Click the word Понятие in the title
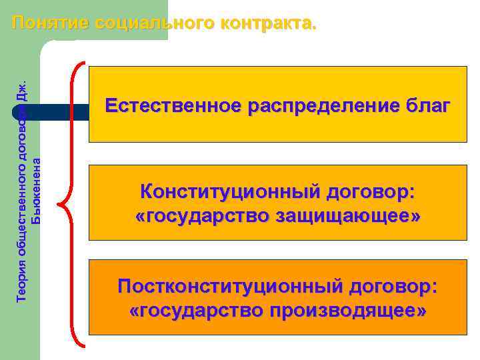[x=51, y=23]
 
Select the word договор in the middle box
[x=370, y=193]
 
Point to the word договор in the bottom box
[x=397, y=287]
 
